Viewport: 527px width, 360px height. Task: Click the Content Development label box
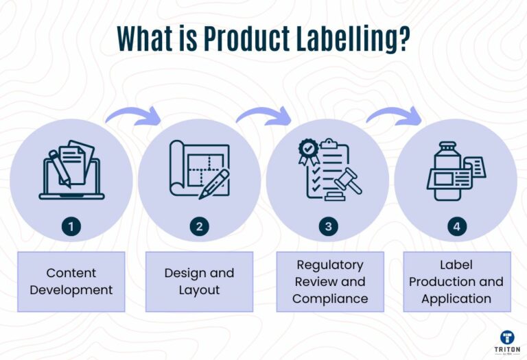coord(71,281)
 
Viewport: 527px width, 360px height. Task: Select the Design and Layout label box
coord(199,281)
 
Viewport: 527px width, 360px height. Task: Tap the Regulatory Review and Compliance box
coord(330,281)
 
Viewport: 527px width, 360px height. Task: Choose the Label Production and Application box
coord(456,281)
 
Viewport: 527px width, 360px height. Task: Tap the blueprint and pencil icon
coord(200,170)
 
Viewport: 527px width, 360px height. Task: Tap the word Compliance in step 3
coord(330,298)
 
